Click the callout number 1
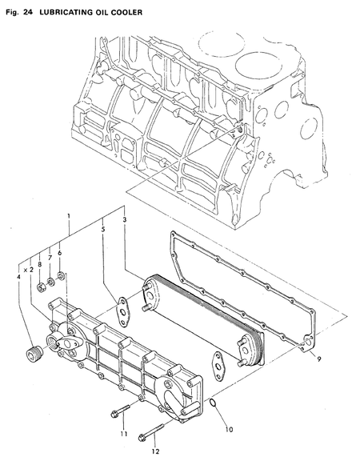click(70, 217)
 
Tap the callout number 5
click(103, 230)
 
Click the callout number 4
click(18, 278)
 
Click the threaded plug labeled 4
click(34, 353)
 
